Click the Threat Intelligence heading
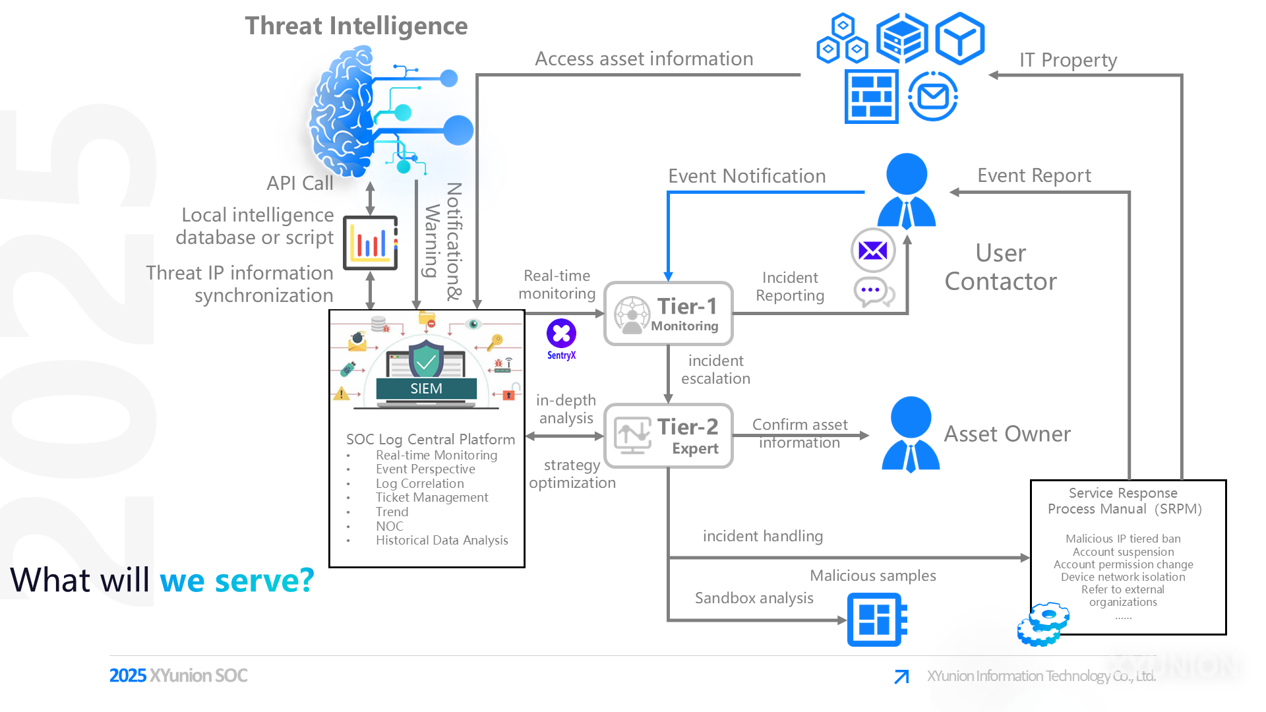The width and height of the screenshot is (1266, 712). click(356, 26)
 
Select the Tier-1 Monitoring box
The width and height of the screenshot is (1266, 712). click(668, 314)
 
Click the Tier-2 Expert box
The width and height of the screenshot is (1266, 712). click(668, 436)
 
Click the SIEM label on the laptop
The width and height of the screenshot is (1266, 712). click(426, 388)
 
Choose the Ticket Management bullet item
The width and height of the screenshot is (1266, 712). click(432, 498)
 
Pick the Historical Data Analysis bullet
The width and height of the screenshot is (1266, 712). click(442, 541)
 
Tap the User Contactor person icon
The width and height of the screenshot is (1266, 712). click(907, 191)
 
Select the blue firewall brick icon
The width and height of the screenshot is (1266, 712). click(871, 97)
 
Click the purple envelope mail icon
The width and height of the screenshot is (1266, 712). click(873, 251)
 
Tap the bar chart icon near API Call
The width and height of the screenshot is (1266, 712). click(371, 243)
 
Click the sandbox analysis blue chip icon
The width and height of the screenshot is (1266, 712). click(876, 620)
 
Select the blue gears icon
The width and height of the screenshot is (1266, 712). click(1042, 624)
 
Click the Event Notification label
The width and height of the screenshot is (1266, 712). click(746, 176)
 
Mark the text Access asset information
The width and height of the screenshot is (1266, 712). click(644, 59)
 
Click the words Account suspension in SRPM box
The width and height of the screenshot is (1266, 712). click(1123, 552)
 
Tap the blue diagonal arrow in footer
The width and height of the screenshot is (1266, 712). click(901, 676)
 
